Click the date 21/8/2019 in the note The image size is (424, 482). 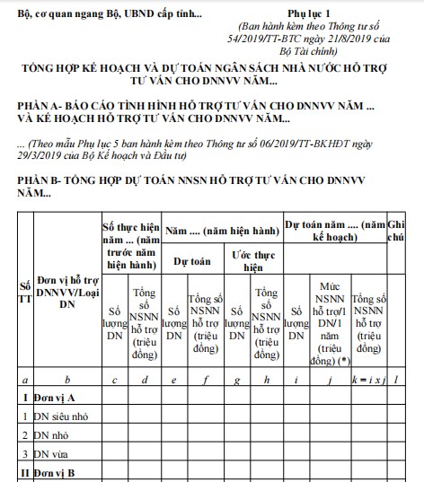(x=350, y=40)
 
